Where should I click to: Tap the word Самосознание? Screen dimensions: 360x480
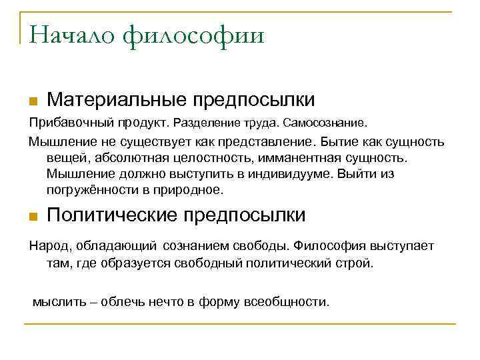tap(325, 123)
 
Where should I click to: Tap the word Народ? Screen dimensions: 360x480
tap(45, 246)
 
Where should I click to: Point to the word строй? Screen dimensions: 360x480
tap(358, 263)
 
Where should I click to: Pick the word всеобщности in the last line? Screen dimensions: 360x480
tap(288, 301)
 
